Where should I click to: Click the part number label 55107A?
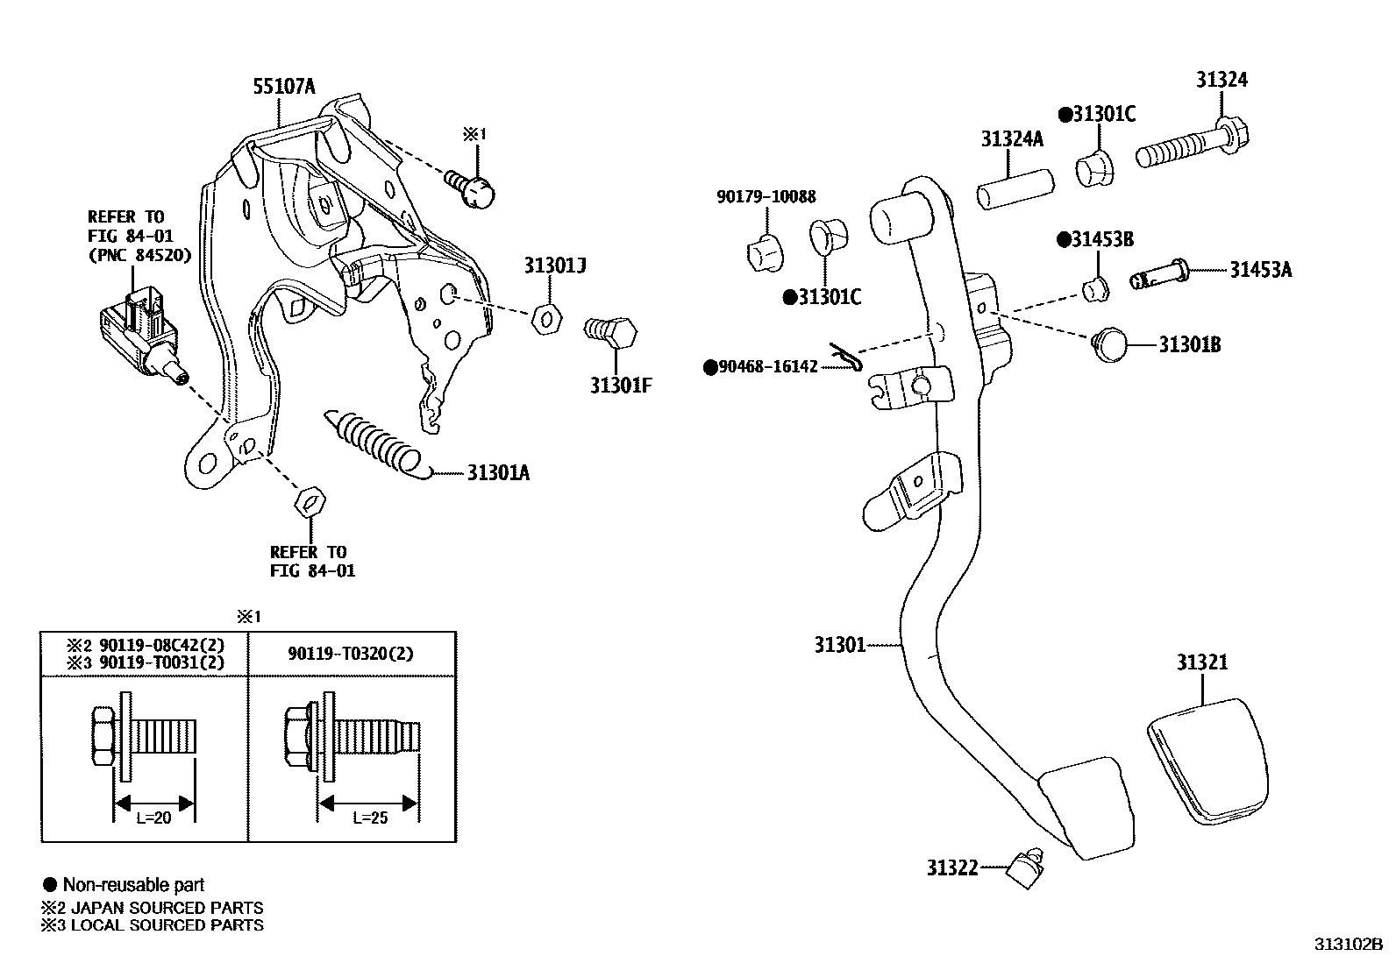click(x=283, y=86)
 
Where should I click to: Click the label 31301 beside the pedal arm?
click(x=839, y=645)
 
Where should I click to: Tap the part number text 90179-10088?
click(x=766, y=198)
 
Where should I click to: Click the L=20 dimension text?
click(x=153, y=818)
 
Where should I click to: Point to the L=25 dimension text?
click(x=369, y=818)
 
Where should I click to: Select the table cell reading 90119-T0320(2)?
click(x=351, y=653)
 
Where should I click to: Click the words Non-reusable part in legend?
click(x=133, y=885)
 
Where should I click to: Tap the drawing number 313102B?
click(x=1347, y=944)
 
